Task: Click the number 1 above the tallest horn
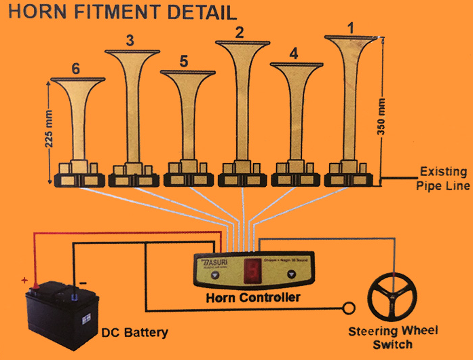pyautogui.click(x=351, y=28)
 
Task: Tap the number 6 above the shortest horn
pyautogui.click(x=75, y=68)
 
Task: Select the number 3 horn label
pyautogui.click(x=130, y=39)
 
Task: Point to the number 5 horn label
pyautogui.click(x=184, y=61)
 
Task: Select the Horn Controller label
pyautogui.click(x=252, y=297)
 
